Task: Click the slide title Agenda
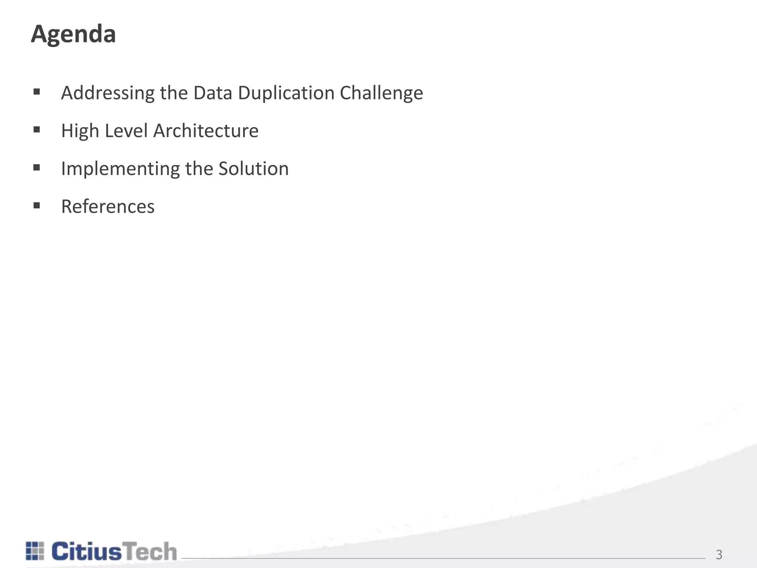pos(73,34)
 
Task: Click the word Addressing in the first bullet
pos(108,93)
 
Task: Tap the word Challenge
pos(381,93)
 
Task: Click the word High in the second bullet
pos(80,131)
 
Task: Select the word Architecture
pos(206,131)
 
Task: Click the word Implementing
pos(120,169)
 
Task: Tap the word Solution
pos(253,169)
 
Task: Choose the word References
pos(108,207)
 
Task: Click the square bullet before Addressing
pos(37,92)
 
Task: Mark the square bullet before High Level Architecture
pos(37,130)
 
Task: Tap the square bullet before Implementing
pos(37,168)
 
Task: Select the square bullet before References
pos(37,206)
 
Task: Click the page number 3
pos(719,555)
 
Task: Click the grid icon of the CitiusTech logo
pos(35,551)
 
